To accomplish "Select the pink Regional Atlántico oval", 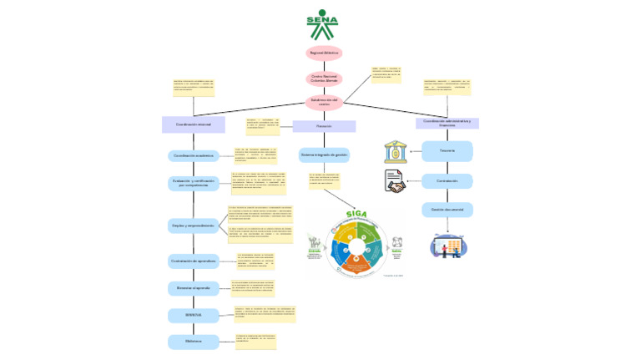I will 324,53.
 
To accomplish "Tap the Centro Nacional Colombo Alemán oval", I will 324,79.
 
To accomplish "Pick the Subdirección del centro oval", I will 324,102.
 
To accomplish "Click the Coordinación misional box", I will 193,124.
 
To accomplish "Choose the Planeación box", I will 324,126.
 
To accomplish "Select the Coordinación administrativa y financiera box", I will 447,123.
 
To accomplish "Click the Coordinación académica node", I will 193,155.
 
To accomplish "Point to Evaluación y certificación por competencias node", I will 193,183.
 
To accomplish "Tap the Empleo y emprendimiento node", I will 193,226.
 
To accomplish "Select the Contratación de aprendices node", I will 193,261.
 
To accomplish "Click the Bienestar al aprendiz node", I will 193,287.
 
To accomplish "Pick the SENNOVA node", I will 193,314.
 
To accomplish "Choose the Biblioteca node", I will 193,341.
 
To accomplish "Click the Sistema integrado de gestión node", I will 324,155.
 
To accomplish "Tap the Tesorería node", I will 447,151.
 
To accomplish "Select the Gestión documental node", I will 447,209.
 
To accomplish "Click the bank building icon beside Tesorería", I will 395,151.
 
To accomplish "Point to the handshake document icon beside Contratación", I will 394,181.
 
